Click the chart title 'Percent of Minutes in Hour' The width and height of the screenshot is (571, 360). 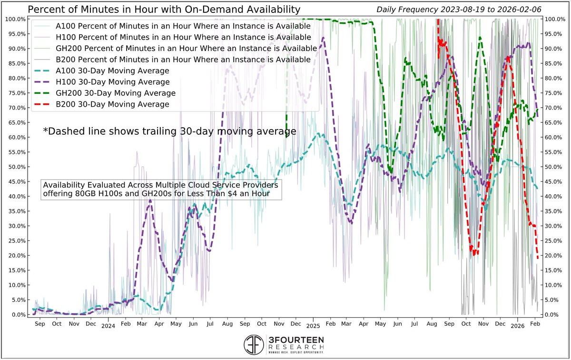tap(164, 9)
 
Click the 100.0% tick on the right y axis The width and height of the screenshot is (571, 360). tap(553, 19)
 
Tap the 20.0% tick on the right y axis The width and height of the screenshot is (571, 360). tap(552, 256)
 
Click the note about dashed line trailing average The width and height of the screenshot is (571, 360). tap(169, 131)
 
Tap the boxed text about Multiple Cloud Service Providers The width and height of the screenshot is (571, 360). tap(161, 190)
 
